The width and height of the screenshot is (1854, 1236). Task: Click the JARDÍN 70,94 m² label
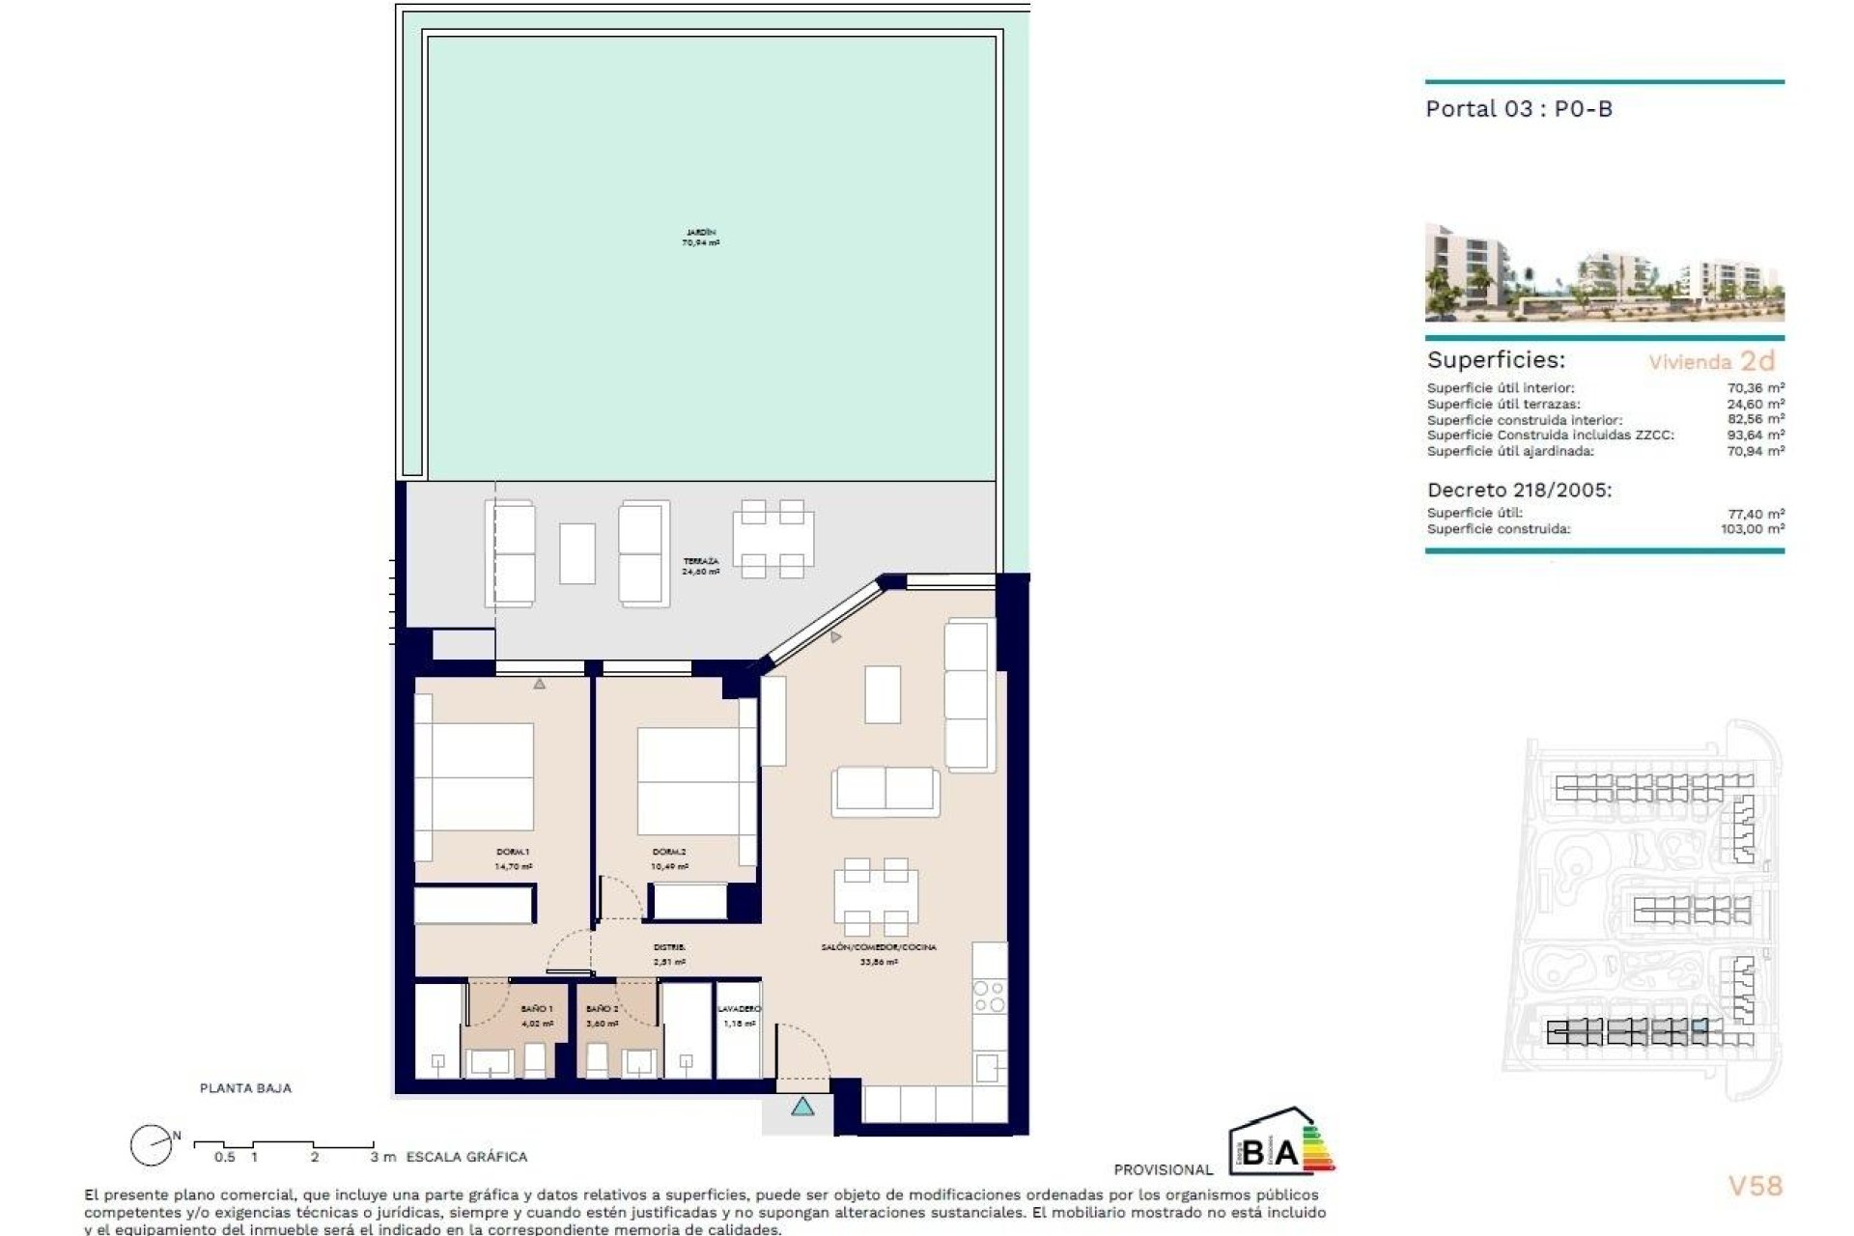tap(700, 238)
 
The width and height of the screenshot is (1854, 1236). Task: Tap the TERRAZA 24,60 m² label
tap(700, 566)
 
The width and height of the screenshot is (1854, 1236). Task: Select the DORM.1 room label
tap(513, 858)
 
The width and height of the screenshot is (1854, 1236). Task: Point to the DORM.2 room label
tap(669, 858)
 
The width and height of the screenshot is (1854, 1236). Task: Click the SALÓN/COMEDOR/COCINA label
tap(879, 954)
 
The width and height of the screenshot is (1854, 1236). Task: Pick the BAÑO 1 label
tap(537, 1015)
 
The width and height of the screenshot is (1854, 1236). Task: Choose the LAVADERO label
tap(739, 1015)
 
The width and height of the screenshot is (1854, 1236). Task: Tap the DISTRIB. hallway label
tap(669, 954)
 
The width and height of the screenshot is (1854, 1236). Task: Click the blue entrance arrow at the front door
tap(802, 1107)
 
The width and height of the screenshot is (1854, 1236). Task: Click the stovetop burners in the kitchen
tap(989, 997)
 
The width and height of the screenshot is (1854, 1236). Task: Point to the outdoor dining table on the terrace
tap(772, 539)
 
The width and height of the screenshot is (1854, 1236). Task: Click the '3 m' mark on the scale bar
tap(382, 1156)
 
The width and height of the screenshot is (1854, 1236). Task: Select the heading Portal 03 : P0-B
tap(1519, 109)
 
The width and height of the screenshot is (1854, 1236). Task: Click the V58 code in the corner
tap(1755, 1186)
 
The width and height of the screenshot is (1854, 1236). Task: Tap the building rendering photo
tap(1604, 272)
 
